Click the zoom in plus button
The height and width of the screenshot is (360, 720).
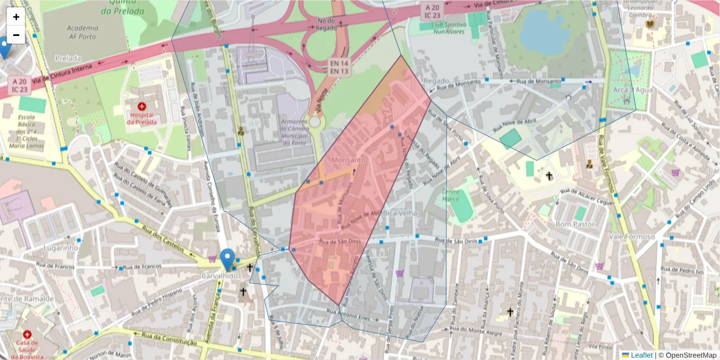coord(16,17)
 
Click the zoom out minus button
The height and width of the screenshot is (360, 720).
coord(16,35)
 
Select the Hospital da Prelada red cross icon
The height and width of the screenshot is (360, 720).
coord(142,106)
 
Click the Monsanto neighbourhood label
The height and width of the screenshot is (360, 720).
coord(348,160)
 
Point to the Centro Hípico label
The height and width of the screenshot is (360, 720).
coord(451,196)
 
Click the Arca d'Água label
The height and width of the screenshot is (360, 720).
coord(624,90)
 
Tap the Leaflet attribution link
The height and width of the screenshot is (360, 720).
coord(641,355)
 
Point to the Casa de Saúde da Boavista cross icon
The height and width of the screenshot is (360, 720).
coord(27,334)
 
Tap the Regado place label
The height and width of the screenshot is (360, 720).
coord(436,80)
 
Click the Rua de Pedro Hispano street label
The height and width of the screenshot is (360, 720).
coord(157,296)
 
